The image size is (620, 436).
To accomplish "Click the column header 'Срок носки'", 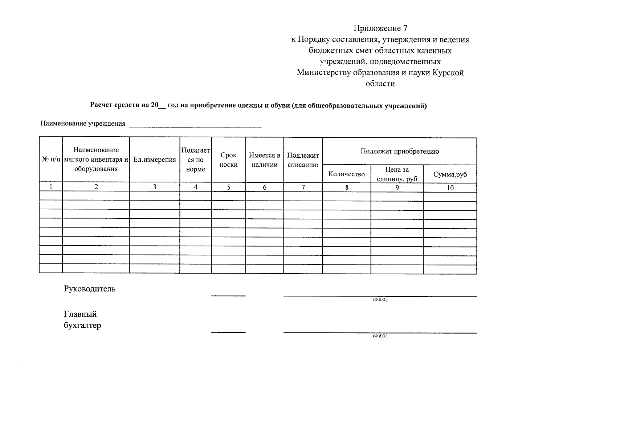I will click(228, 160).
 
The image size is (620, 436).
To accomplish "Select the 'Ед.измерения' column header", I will click(154, 160).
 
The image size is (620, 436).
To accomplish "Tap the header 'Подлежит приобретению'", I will click(399, 152).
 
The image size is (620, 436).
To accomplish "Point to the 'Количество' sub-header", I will click(346, 174).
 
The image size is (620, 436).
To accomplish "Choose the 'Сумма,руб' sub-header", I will click(450, 174).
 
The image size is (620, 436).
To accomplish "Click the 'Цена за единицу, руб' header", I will click(397, 174).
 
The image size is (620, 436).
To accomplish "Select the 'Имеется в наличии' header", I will click(264, 160).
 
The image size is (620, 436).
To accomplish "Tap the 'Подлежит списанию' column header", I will click(303, 160).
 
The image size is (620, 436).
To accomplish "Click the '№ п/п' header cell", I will click(51, 160).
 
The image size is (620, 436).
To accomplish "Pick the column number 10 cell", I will click(450, 188).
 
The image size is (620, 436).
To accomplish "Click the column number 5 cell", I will click(228, 187).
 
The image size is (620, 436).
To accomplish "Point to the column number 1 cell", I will click(51, 187).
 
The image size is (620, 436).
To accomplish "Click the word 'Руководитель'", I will click(90, 289).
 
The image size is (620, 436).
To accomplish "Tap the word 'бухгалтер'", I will click(82, 325).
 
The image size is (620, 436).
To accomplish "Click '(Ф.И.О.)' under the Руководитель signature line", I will click(380, 300).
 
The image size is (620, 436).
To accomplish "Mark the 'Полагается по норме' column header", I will click(195, 160).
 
